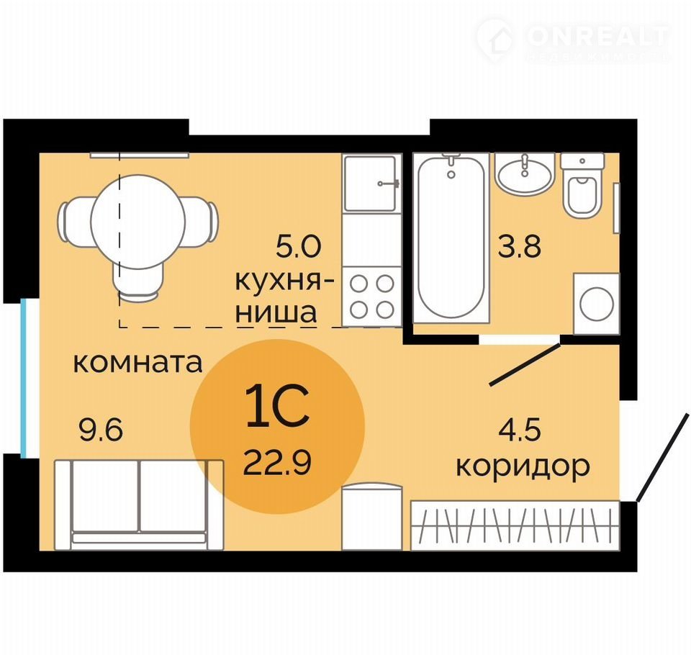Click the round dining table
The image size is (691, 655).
point(138,222)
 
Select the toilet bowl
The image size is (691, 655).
point(582,185)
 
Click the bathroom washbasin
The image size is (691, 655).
point(525,174)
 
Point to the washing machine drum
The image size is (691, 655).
point(597,304)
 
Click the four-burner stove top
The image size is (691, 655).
point(372,297)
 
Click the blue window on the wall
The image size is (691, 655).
point(24,378)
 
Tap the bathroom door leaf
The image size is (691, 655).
point(525,364)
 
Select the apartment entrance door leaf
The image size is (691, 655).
point(662,458)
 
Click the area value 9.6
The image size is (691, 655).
point(101,430)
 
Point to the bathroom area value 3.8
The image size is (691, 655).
point(519,246)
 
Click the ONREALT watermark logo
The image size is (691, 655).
point(574,40)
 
